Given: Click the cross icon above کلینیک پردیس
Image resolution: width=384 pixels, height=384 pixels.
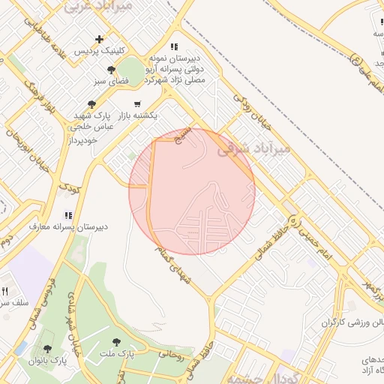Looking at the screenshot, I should [98, 38].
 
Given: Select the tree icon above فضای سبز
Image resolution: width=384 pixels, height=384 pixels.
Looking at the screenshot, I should [111, 70].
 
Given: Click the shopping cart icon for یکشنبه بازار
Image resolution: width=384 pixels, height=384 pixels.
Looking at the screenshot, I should [136, 103].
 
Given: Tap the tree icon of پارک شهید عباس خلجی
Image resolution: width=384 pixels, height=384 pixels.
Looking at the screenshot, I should [91, 104].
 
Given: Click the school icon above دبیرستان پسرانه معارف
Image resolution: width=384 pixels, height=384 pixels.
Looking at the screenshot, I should [69, 215].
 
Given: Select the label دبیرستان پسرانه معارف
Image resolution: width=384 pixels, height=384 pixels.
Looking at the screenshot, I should [69, 226].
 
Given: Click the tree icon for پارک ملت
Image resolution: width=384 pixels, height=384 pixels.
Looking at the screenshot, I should [116, 341].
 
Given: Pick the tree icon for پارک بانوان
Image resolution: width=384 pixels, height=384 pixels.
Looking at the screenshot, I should [48, 349].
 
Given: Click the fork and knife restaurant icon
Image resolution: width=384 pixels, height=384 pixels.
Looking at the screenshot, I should [4, 291].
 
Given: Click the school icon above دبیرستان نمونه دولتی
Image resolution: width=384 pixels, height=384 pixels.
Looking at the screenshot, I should [174, 46].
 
